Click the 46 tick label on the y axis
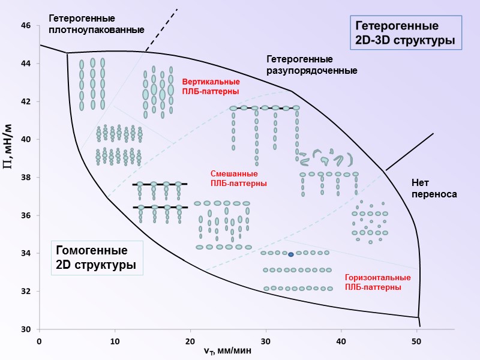pyautogui.click(x=26, y=26)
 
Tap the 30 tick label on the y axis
pyautogui.click(x=26, y=329)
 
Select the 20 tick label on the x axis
pyautogui.click(x=190, y=341)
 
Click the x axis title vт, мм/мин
pyautogui.click(x=227, y=351)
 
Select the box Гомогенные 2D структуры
pyautogui.click(x=95, y=257)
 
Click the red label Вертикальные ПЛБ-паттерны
pyautogui.click(x=211, y=86)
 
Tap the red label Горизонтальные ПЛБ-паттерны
pyautogui.click(x=377, y=283)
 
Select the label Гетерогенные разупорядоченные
pyautogui.click(x=311, y=65)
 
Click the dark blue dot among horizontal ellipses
pyautogui.click(x=290, y=254)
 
